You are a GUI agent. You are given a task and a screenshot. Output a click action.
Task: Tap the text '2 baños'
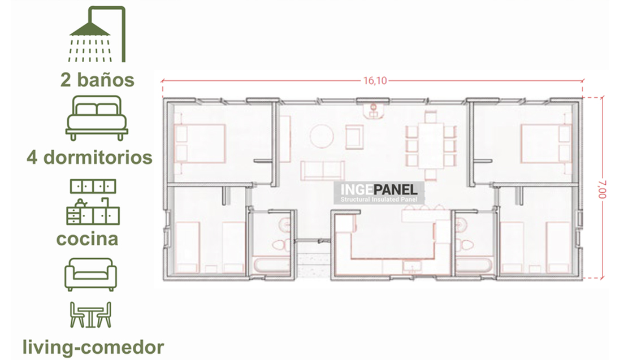[97, 80]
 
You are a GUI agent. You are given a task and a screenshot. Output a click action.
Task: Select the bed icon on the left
[97, 118]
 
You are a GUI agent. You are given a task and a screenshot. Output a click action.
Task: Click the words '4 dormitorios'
[89, 158]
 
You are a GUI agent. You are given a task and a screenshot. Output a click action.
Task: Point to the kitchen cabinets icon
[93, 202]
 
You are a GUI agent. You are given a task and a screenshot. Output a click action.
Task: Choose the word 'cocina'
[88, 239]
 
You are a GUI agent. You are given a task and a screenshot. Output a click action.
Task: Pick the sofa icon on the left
[90, 275]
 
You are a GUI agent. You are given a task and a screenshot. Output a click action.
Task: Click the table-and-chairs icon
[90, 315]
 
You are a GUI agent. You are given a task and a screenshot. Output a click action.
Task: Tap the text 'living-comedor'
[93, 348]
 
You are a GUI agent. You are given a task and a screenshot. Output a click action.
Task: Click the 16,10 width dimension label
[375, 81]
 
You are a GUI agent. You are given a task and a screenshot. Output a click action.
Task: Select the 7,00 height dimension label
[602, 189]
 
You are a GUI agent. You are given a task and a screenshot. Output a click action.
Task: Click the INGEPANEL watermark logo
[379, 193]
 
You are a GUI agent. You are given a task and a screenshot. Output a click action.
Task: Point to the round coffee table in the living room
[322, 136]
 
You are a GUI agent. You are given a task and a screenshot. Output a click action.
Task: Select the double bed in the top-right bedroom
[546, 144]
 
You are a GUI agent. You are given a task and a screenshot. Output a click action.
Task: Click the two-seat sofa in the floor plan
[322, 171]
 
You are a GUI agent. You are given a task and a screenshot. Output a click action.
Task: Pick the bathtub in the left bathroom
[272, 265]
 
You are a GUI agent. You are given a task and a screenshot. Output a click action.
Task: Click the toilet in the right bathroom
[465, 245]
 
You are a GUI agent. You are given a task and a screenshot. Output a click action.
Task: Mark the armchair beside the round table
[355, 137]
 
